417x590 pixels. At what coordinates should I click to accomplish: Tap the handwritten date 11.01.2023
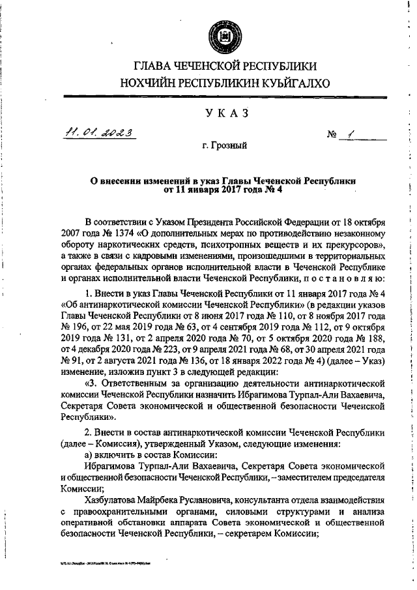99,134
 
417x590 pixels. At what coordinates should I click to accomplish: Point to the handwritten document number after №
351,134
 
